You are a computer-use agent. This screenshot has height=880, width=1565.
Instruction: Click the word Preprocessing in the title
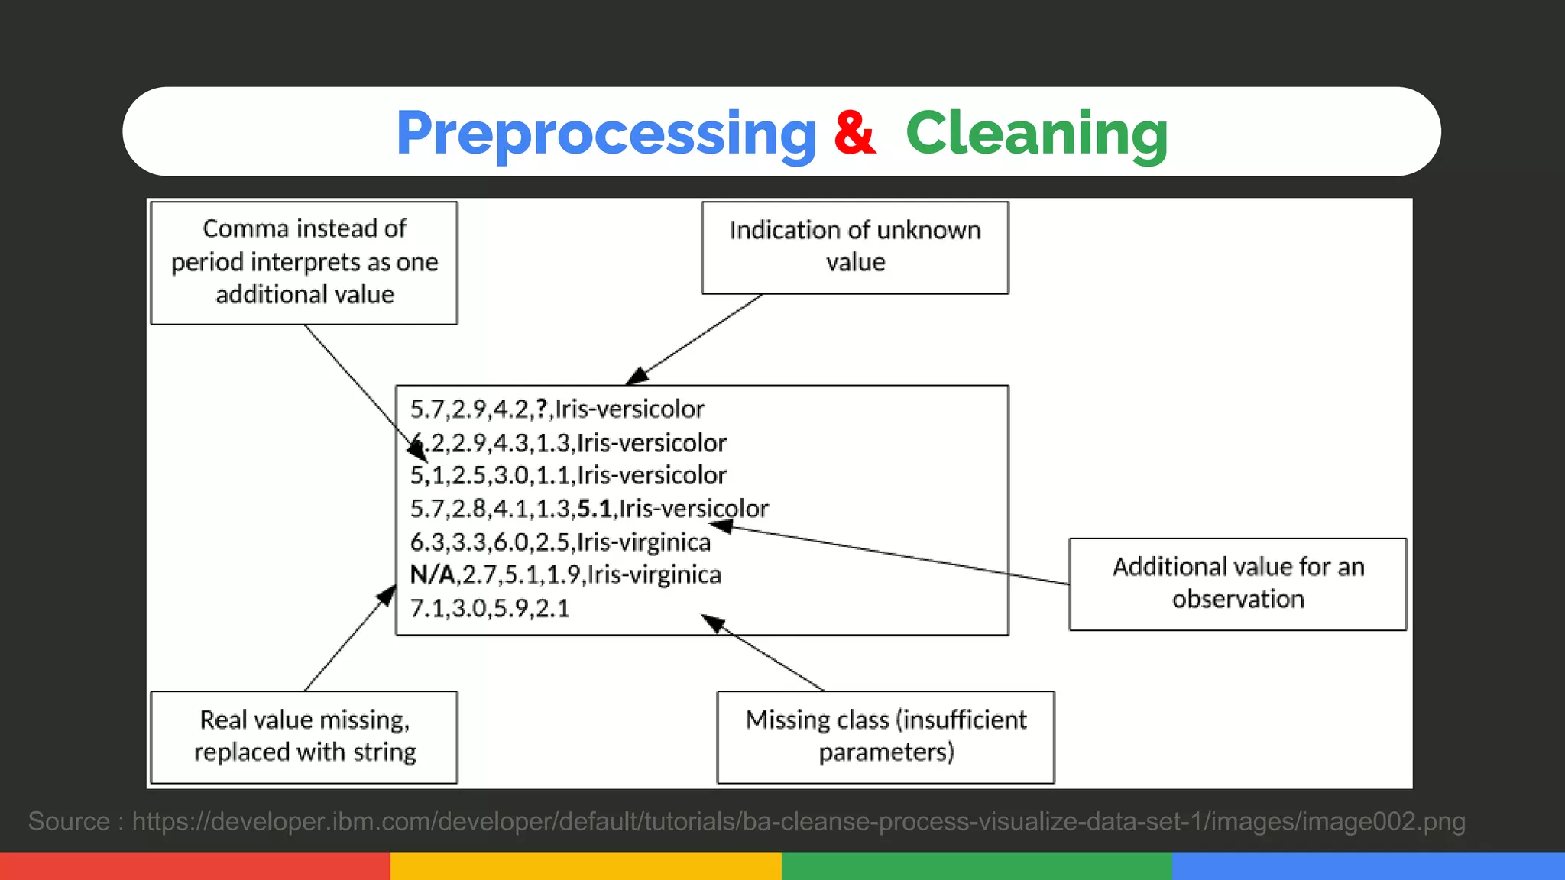[606, 134]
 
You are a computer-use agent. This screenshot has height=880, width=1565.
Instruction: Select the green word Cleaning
[1036, 134]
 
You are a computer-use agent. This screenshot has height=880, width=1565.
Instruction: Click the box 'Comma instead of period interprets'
[304, 262]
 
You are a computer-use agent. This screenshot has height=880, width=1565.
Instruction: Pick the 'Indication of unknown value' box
[854, 247]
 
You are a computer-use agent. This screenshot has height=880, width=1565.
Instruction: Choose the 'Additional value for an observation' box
[1237, 584]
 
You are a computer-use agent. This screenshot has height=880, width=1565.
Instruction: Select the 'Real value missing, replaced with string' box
[304, 736]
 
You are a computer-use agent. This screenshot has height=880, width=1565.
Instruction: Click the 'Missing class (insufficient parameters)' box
[885, 736]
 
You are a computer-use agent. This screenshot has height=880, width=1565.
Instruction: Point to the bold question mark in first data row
[541, 409]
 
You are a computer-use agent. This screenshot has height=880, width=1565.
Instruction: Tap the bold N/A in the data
[432, 574]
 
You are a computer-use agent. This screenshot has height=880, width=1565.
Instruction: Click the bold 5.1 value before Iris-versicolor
[594, 509]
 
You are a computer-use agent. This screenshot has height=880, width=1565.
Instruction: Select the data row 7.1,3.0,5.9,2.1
[489, 609]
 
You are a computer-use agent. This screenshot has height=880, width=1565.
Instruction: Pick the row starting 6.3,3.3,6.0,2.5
[559, 542]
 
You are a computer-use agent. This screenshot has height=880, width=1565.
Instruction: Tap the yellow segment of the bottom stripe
[585, 865]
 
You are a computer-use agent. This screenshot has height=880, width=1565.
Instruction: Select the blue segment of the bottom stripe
[1368, 865]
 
